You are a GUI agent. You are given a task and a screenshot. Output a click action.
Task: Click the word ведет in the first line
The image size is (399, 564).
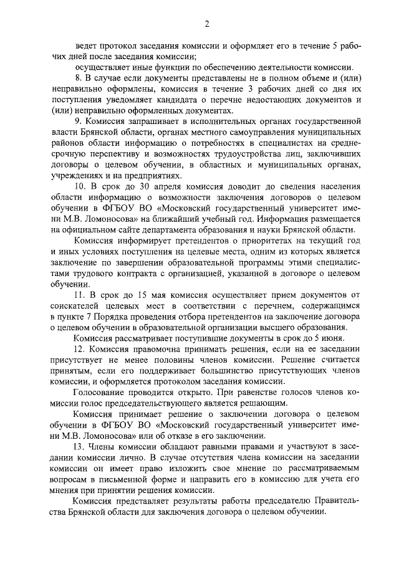click(x=86, y=45)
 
